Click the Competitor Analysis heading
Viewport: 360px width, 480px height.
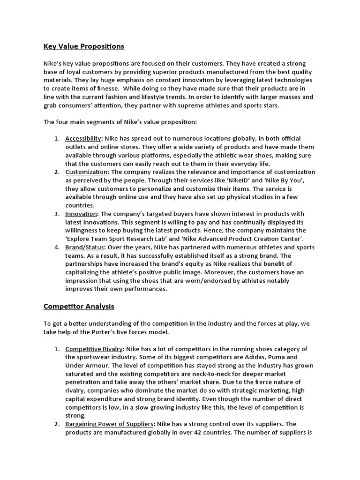[x=79, y=307]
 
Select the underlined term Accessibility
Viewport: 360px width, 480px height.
[x=83, y=139]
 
